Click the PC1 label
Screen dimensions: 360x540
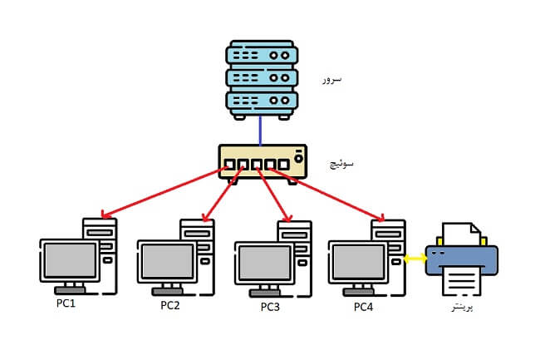(x=66, y=303)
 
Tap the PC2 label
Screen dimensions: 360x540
(x=170, y=305)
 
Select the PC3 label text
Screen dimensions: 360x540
(x=270, y=306)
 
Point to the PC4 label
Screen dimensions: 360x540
(x=364, y=307)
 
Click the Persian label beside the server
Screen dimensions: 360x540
(x=332, y=80)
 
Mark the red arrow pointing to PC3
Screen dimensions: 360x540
(x=274, y=195)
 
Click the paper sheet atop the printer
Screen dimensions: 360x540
(x=461, y=234)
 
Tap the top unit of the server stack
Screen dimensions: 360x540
(x=260, y=54)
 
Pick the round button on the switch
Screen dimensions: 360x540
(x=297, y=155)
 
